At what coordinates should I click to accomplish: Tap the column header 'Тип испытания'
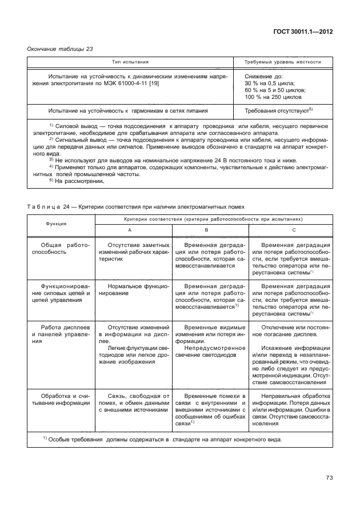pyautogui.click(x=130, y=62)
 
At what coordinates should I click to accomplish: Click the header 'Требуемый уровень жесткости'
pyautogui.click(x=282, y=62)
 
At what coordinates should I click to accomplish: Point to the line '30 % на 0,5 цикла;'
pyautogui.click(x=270, y=83)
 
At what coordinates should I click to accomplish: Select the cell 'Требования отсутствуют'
pyautogui.click(x=278, y=111)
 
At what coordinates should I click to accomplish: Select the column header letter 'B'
pyautogui.click(x=210, y=229)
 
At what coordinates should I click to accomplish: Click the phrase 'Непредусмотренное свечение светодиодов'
pyautogui.click(x=210, y=350)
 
